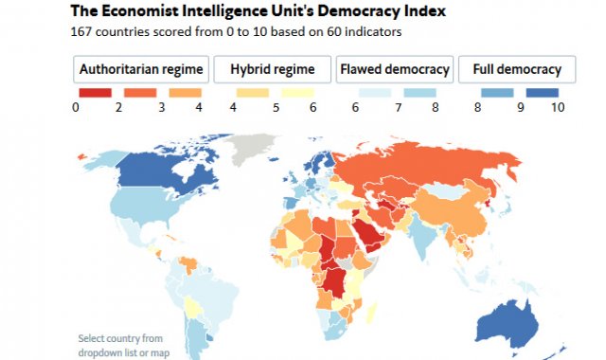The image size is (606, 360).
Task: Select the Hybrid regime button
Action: tap(270, 70)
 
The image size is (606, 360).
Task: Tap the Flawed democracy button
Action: tap(394, 70)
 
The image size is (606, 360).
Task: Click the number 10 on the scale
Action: tap(557, 108)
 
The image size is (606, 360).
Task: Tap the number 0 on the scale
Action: tap(75, 108)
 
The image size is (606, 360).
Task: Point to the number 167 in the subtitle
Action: tap(84, 30)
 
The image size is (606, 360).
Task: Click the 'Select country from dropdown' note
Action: tap(121, 345)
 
